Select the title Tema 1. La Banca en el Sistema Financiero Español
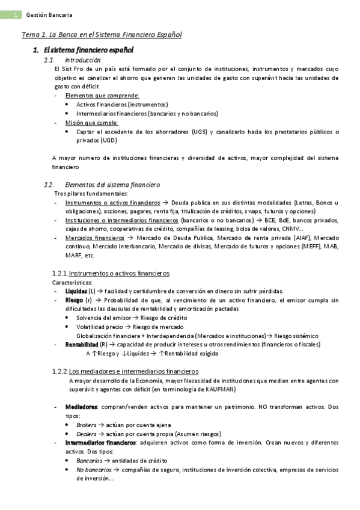(x=101, y=35)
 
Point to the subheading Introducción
(x=82, y=60)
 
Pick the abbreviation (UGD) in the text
(x=108, y=141)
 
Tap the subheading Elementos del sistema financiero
(x=112, y=185)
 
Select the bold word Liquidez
(x=76, y=291)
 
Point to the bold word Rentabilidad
(x=82, y=344)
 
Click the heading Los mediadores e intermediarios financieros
(x=133, y=370)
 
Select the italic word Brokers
(x=87, y=425)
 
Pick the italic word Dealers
(x=87, y=434)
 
